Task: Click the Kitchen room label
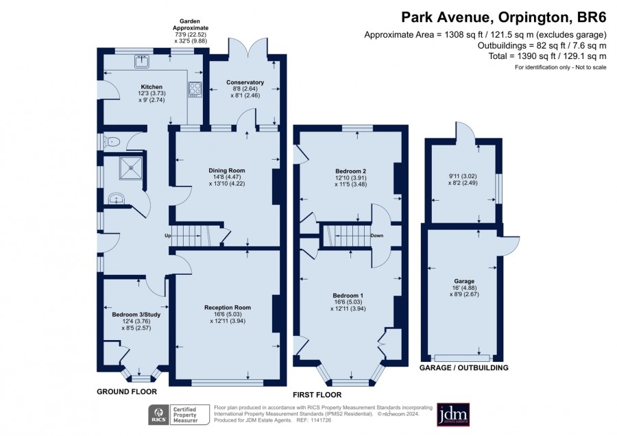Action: (152, 87)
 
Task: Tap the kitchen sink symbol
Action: (142, 61)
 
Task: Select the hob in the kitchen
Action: (195, 89)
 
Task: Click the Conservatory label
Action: (245, 82)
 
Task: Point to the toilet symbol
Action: (110, 142)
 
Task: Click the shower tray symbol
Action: (131, 168)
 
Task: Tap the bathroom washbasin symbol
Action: (117, 199)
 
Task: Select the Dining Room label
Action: (227, 171)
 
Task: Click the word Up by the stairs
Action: (168, 236)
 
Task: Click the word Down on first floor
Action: (376, 236)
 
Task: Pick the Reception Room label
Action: (228, 307)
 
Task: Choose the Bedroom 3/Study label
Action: (136, 315)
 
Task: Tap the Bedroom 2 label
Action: (350, 171)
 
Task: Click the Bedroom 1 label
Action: (348, 295)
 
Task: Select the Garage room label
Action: (464, 281)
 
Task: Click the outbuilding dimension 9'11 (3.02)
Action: (463, 176)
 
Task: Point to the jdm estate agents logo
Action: (453, 414)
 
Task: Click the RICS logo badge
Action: (158, 415)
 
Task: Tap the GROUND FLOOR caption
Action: (127, 391)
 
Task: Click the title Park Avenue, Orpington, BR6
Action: (504, 18)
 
